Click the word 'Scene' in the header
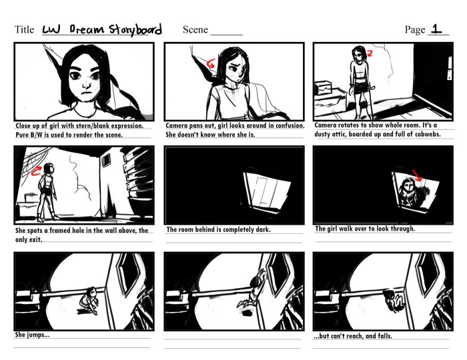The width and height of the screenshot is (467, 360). coord(195,30)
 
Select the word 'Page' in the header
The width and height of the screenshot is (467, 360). coord(414,30)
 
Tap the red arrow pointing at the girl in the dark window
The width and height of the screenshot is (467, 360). coord(417,175)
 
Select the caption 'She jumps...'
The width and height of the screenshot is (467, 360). coord(32,335)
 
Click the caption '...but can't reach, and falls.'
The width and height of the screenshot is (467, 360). coord(353,336)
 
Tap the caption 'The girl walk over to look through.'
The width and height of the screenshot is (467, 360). coord(365,229)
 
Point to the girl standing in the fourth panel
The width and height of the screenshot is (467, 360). coord(46,190)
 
